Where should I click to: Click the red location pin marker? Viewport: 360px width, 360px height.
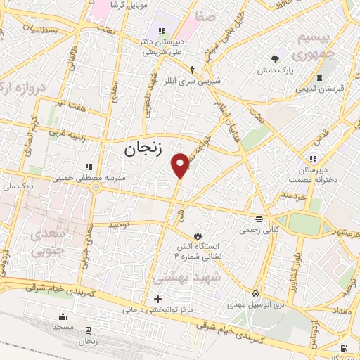181,165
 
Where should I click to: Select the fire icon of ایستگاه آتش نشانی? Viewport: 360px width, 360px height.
198,236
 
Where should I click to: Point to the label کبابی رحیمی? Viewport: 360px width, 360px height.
259,229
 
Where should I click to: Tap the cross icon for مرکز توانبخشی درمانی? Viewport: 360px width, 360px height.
157,299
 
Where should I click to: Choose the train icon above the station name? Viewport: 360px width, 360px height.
88,330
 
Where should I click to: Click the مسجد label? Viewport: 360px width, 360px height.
63,328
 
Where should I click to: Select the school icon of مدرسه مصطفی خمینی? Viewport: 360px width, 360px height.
89,167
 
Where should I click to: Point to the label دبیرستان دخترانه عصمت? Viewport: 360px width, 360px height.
318,174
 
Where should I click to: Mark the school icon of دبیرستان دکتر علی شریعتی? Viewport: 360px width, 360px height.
163,30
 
